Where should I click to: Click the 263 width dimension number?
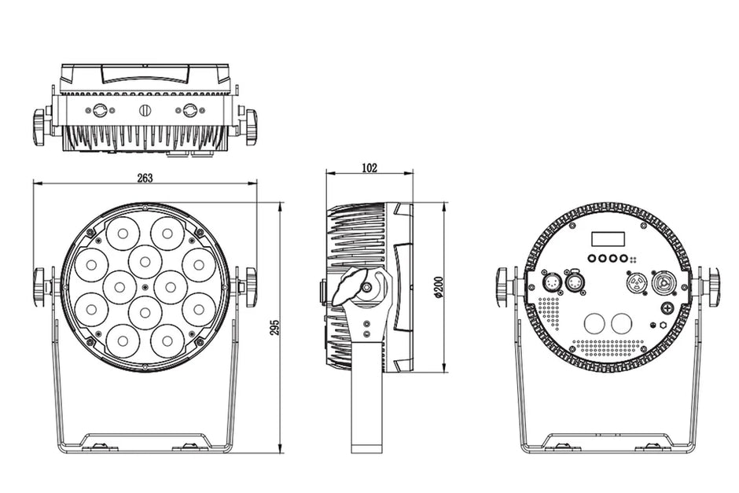pos(145,178)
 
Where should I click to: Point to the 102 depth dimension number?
pos(369,167)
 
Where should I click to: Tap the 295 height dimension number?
pos(275,328)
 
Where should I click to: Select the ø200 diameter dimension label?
pos(439,286)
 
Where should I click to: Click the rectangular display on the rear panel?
pos(608,239)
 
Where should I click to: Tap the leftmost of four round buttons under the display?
pos(592,258)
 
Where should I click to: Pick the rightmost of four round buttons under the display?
pos(624,258)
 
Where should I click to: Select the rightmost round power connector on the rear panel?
pos(663,283)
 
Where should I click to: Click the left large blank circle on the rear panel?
pos(594,324)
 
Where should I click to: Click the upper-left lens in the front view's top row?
pos(123,234)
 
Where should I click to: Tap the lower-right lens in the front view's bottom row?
pos(167,340)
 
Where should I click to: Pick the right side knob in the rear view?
pos(714,285)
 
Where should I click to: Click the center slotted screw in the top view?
pos(145,111)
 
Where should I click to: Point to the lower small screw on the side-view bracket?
pos(366,333)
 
